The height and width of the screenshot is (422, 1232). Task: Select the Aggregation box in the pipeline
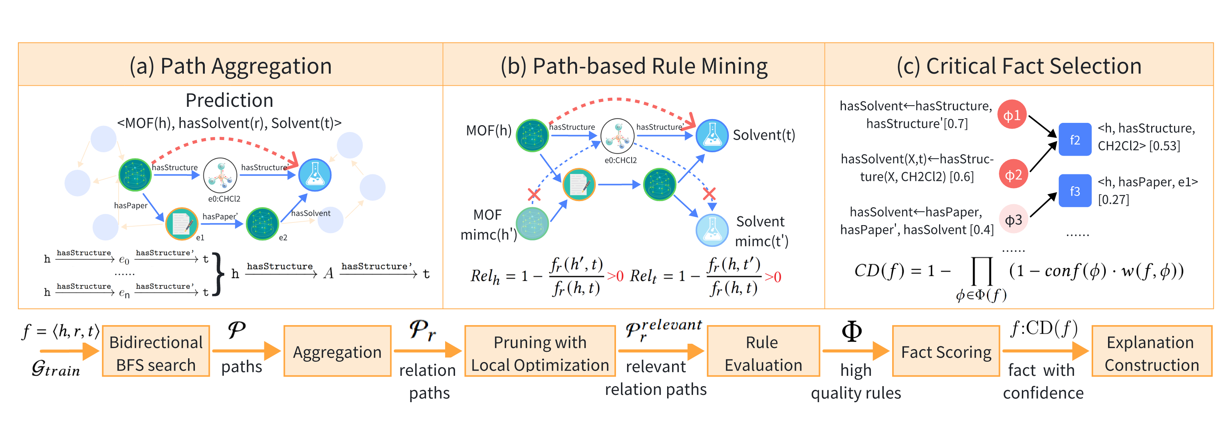pyautogui.click(x=337, y=352)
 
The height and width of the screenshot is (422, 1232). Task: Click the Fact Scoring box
pyautogui.click(x=946, y=352)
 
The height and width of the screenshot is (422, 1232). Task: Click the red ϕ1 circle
pyautogui.click(x=1012, y=115)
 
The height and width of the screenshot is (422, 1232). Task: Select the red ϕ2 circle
pyautogui.click(x=1013, y=174)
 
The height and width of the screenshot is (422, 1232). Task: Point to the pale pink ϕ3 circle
pyautogui.click(x=1013, y=219)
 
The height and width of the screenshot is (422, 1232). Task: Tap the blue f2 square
pyautogui.click(x=1074, y=139)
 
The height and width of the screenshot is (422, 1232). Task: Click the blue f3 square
pyautogui.click(x=1074, y=191)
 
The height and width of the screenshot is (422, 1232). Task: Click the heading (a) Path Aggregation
pyautogui.click(x=230, y=66)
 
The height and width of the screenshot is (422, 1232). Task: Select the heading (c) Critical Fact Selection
pyautogui.click(x=1019, y=66)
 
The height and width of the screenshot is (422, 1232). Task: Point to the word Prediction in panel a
pyautogui.click(x=229, y=100)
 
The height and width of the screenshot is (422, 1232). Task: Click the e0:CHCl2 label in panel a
pyautogui.click(x=224, y=198)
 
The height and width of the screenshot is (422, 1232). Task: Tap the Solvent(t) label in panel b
pyautogui.click(x=764, y=135)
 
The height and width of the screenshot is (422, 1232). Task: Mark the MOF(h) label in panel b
pyautogui.click(x=488, y=130)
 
